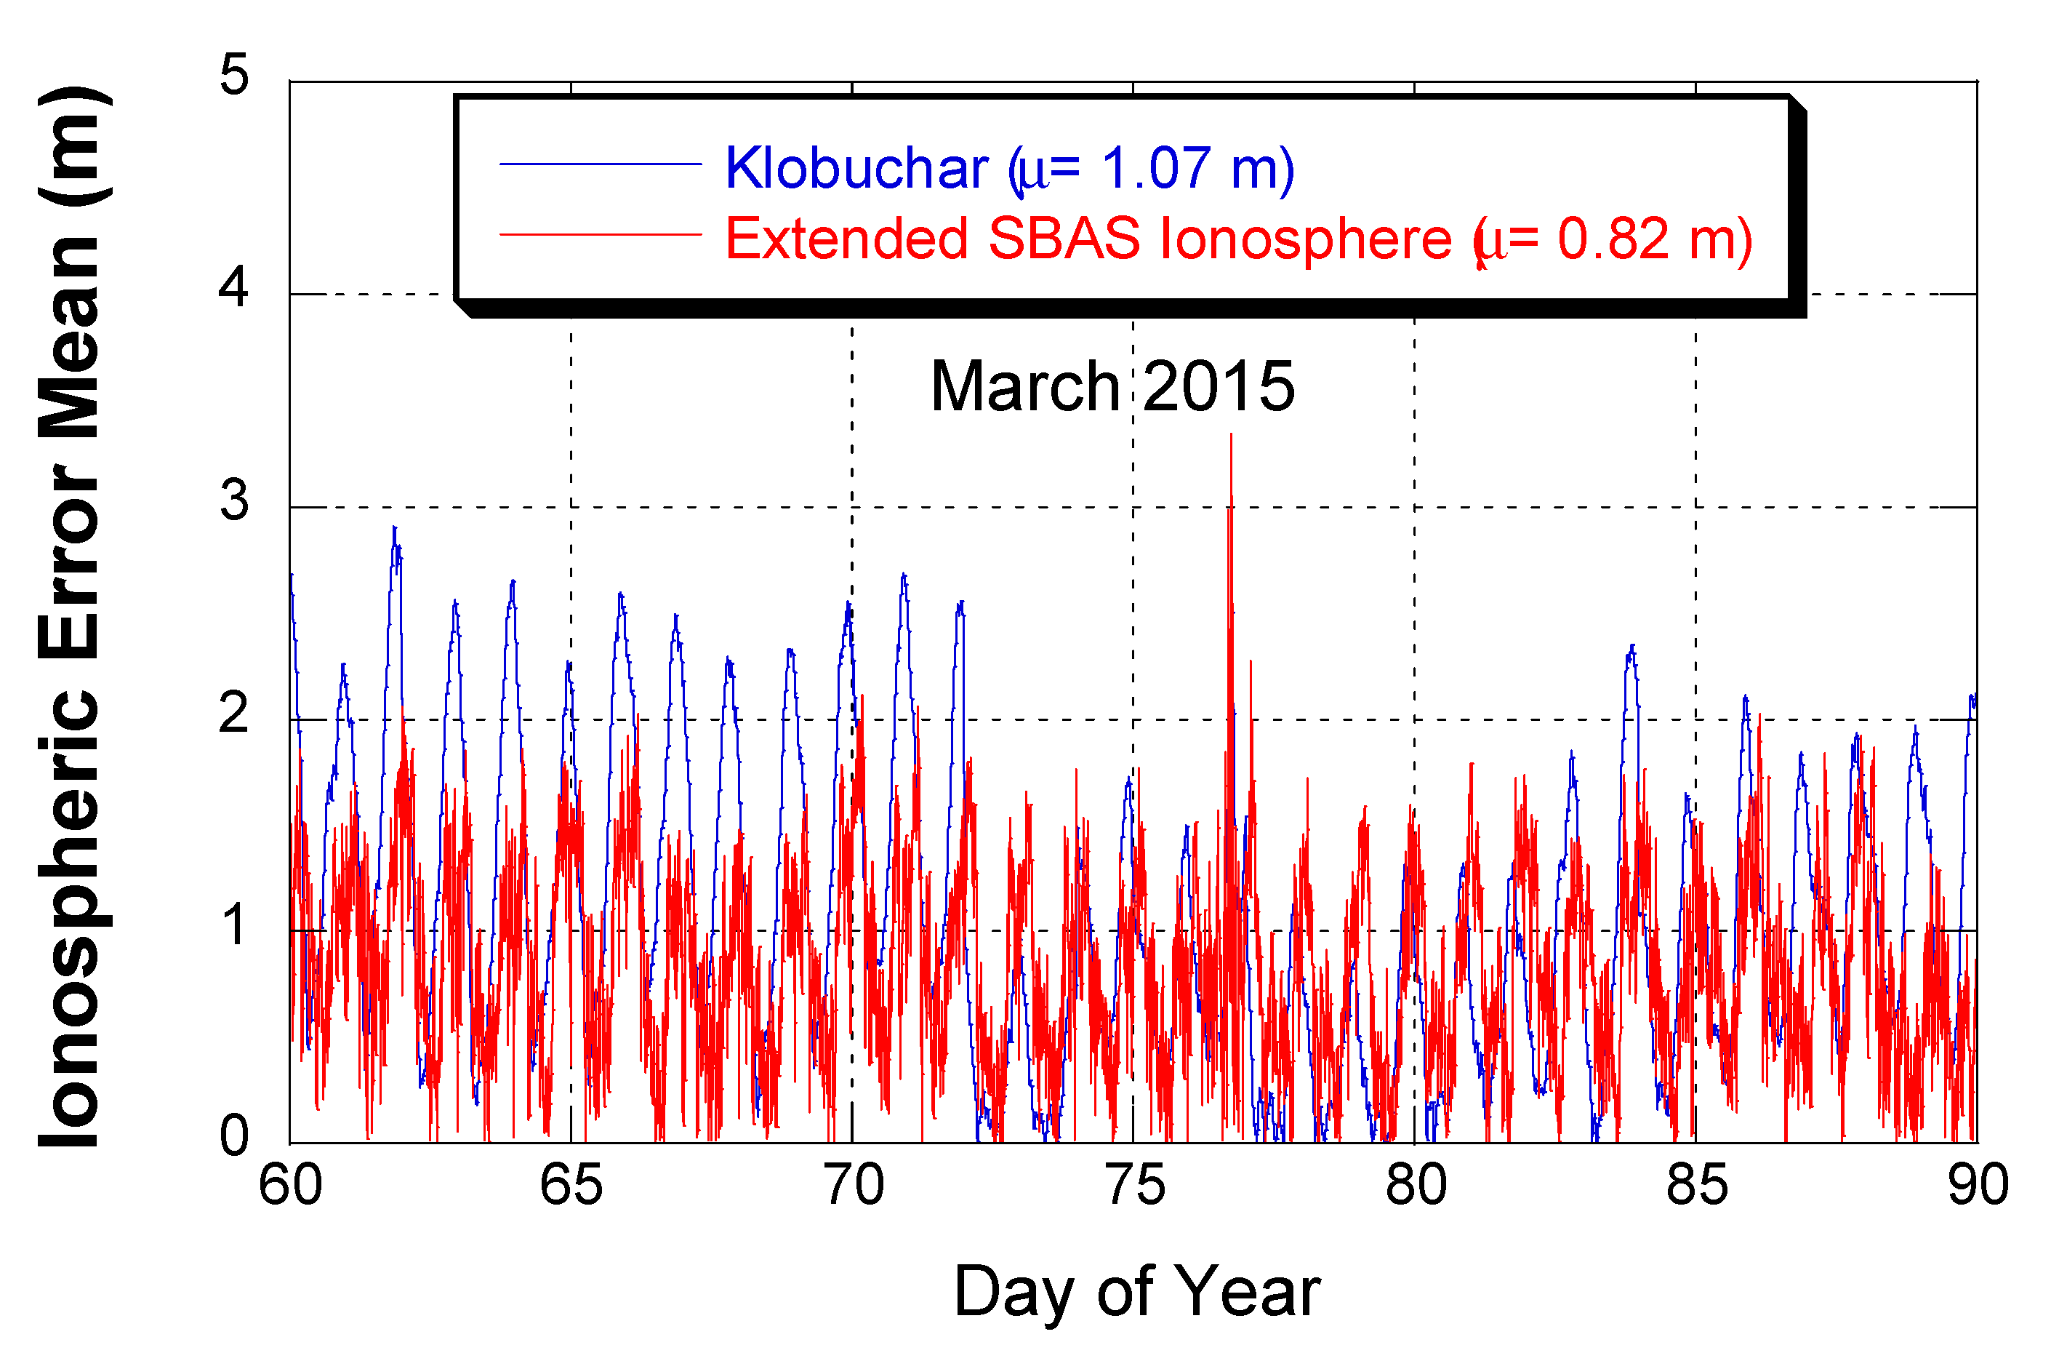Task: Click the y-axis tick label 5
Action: [233, 75]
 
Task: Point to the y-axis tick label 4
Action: [233, 287]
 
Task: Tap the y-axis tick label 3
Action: [233, 500]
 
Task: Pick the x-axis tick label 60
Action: [291, 1185]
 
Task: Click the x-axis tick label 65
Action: [571, 1185]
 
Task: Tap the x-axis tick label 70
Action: [853, 1185]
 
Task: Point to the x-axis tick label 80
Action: [1416, 1185]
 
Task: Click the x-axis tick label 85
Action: [1696, 1185]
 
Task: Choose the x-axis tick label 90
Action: [1978, 1185]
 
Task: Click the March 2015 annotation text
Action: [1112, 386]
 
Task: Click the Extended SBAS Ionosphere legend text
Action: [1239, 239]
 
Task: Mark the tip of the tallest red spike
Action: [1231, 435]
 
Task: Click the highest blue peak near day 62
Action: [394, 527]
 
